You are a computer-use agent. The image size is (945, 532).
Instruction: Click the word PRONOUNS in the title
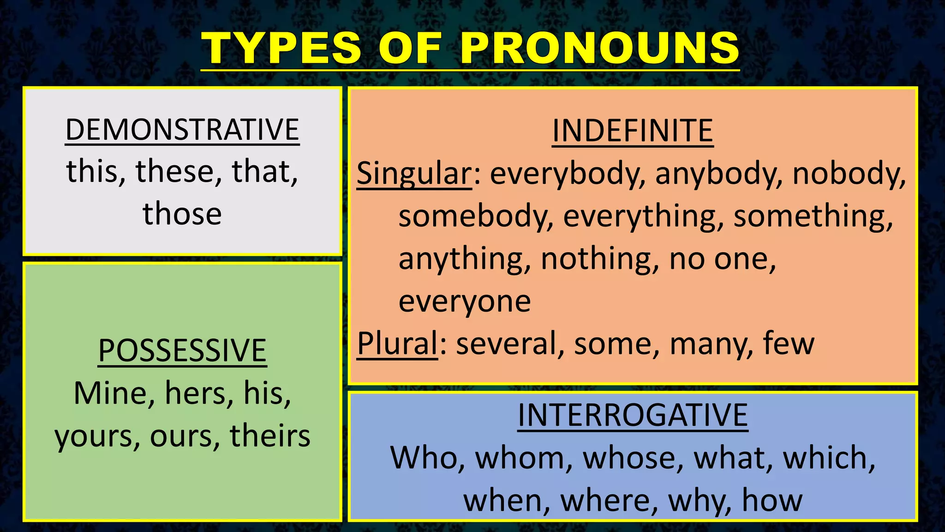(599, 48)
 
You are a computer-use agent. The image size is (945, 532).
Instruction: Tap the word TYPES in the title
(281, 48)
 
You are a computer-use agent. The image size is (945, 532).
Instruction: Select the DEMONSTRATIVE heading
(182, 130)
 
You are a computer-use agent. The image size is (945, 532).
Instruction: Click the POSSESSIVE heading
(182, 351)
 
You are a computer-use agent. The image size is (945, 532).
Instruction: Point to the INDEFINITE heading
(633, 131)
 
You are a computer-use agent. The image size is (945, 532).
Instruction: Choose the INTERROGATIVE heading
(633, 415)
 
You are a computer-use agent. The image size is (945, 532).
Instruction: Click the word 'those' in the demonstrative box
(182, 214)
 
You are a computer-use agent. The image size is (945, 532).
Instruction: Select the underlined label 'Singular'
(414, 174)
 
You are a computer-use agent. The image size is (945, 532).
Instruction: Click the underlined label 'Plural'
(397, 344)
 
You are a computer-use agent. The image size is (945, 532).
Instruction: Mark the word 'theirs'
(270, 436)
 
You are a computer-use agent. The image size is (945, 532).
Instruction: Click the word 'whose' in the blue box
(633, 458)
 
